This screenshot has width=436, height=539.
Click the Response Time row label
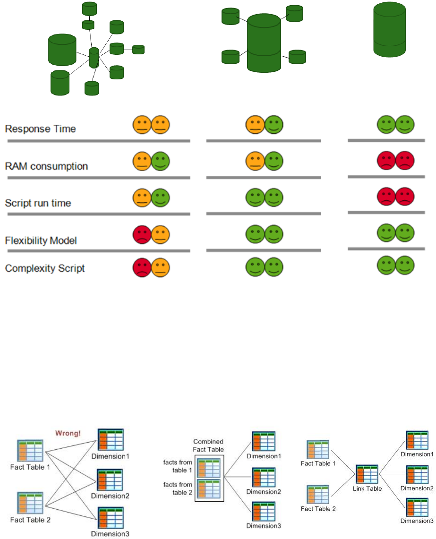[40, 128]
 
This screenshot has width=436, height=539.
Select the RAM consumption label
[46, 166]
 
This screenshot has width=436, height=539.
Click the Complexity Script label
[45, 268]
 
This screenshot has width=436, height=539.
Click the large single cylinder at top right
[390, 30]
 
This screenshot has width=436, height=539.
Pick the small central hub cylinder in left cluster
[94, 58]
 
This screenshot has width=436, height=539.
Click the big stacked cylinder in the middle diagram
[264, 43]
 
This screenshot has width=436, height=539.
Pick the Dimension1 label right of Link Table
[417, 454]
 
